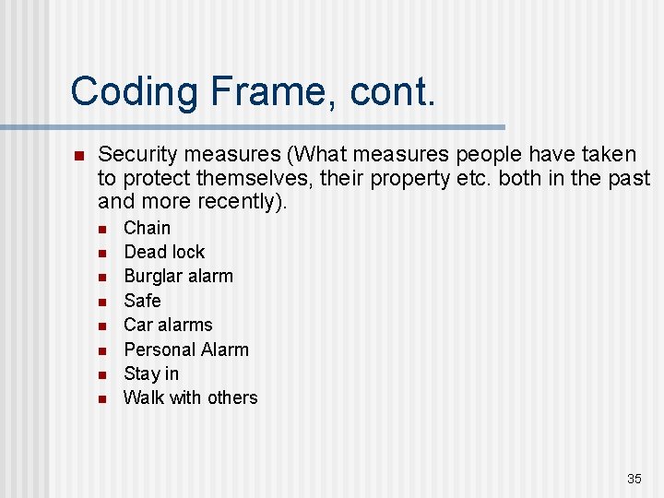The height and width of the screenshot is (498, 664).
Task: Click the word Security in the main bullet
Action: (x=139, y=154)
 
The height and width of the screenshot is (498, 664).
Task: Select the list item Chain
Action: (x=147, y=228)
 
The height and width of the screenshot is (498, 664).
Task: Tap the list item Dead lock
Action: (x=164, y=252)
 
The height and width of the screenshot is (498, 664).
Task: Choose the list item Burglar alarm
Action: (x=178, y=276)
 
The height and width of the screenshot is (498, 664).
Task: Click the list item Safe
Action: (x=142, y=301)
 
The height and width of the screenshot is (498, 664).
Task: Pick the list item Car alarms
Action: (x=168, y=325)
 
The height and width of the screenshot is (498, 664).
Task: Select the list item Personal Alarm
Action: (x=186, y=350)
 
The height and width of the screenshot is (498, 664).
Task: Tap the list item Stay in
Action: (x=151, y=373)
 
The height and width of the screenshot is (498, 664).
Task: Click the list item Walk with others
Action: (x=190, y=397)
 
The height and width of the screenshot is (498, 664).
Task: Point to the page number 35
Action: (x=634, y=479)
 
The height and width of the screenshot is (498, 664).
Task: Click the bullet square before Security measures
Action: (x=78, y=155)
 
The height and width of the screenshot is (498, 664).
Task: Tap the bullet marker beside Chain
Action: (x=103, y=229)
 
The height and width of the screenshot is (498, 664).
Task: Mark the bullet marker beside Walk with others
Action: (x=103, y=398)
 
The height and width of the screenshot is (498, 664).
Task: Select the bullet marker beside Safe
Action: (x=103, y=302)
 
